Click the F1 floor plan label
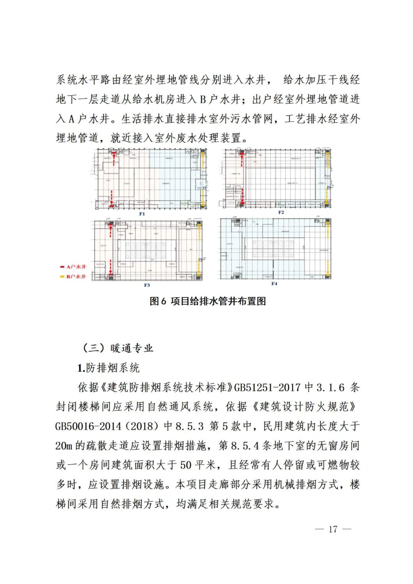(x=142, y=214)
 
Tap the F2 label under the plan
(x=281, y=212)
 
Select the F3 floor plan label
(x=147, y=285)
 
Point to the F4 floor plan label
(x=274, y=283)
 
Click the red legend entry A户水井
(x=73, y=267)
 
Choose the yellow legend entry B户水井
(x=73, y=277)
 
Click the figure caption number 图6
(x=158, y=301)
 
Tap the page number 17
(x=333, y=529)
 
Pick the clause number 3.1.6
(x=330, y=387)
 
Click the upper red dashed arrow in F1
(x=114, y=160)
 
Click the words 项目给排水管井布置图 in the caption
(x=218, y=301)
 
